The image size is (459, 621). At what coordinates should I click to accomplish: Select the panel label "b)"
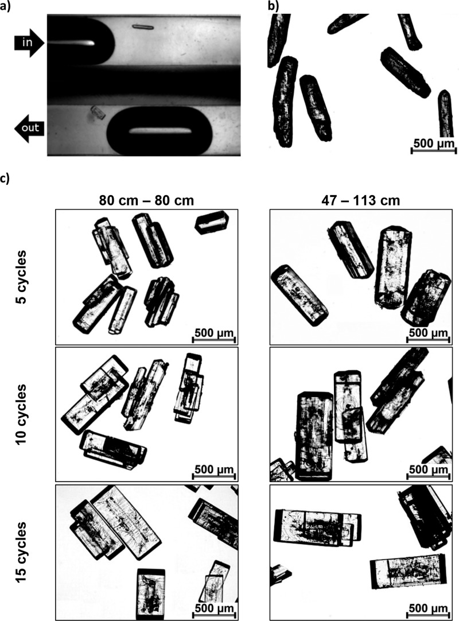tap(274, 6)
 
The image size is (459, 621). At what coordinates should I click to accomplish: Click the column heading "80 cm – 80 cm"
tap(146, 200)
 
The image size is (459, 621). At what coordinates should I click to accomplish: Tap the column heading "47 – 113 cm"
tap(361, 200)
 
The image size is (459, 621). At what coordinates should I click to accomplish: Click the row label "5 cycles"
tap(21, 277)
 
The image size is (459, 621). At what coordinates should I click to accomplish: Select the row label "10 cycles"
tap(21, 414)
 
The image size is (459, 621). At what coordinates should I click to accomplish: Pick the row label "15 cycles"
tap(21, 552)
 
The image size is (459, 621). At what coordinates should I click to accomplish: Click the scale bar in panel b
tap(434, 150)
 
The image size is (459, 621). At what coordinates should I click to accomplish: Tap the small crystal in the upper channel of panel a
tap(142, 27)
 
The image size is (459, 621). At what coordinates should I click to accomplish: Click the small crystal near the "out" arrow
tap(98, 112)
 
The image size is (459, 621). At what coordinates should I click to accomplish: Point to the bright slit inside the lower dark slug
tap(161, 131)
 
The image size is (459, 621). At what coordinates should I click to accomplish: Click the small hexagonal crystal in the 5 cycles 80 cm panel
tap(212, 223)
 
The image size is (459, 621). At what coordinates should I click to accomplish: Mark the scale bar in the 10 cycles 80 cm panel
tap(214, 476)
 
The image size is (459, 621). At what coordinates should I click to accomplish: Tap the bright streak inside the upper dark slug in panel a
tap(71, 43)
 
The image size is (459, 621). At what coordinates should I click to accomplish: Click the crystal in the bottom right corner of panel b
tap(446, 114)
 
